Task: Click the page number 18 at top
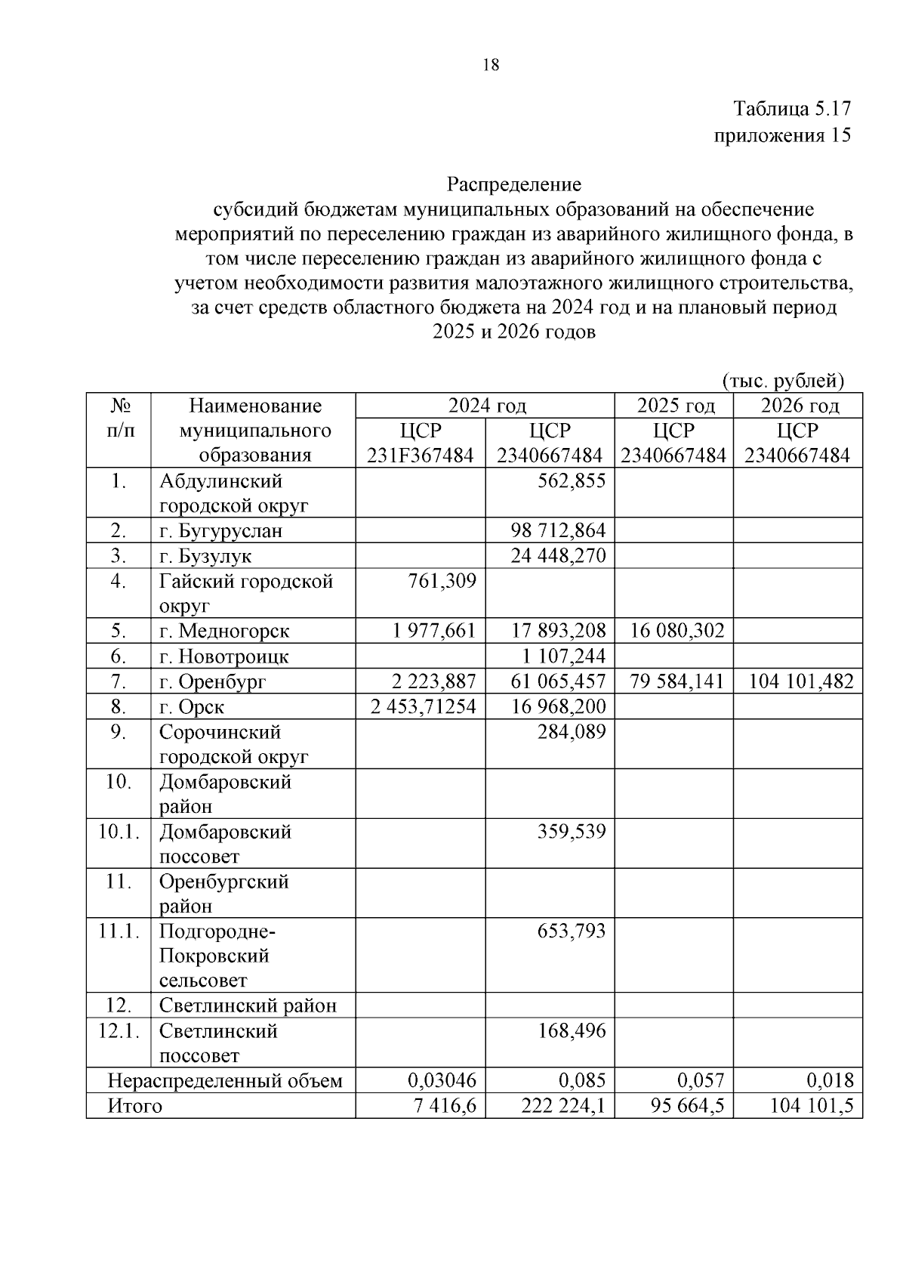pos(491,65)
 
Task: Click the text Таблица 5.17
pos(792,109)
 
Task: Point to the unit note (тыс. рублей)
pos(783,380)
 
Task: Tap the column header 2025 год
pos(675,406)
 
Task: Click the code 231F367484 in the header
pos(421,456)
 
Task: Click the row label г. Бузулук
pos(205,556)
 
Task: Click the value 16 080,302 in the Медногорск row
pos(676,631)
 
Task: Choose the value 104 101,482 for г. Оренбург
pos(800,681)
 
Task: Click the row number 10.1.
pos(119,832)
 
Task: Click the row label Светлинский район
pos(248,1006)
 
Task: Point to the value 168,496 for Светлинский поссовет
pos(571,1030)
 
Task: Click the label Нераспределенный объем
pos(225,1081)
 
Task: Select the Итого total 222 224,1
pos(562,1106)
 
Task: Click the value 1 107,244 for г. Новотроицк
pos(563,656)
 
